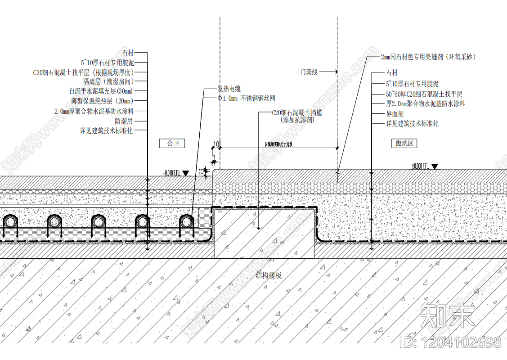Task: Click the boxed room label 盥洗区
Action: pos(404,144)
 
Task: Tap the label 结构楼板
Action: pos(269,275)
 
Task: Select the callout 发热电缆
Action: pos(229,89)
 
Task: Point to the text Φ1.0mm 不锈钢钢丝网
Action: pos(246,98)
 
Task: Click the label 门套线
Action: pos(309,72)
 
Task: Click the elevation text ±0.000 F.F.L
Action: pos(420,166)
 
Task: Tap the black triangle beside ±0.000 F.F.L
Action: pos(435,166)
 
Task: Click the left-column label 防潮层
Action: pos(124,121)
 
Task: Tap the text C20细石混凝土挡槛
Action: pos(297,113)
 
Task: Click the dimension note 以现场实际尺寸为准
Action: pos(278,144)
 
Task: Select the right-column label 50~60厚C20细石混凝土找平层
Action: pos(424,94)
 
